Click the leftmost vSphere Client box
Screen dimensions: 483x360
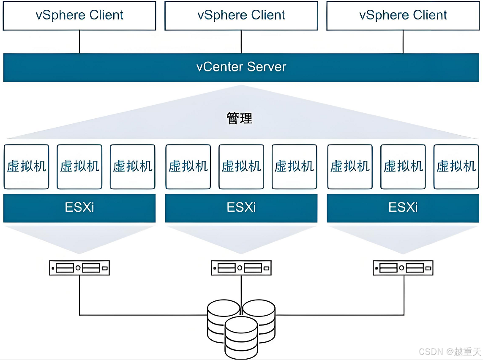[x=79, y=16]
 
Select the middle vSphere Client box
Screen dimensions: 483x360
[x=241, y=16]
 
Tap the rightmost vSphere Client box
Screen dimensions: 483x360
[x=403, y=16]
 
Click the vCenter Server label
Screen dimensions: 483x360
[x=241, y=67]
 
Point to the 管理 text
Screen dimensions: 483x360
[x=239, y=118]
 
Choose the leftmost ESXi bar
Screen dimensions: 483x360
[x=79, y=208]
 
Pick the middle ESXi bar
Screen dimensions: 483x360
[x=241, y=208]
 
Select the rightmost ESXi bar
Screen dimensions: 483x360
[x=403, y=208]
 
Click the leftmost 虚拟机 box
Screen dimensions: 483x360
[x=27, y=166]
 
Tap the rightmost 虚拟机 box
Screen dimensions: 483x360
[x=456, y=166]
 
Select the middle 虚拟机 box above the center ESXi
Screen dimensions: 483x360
[x=241, y=166]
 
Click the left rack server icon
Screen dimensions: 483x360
[x=79, y=267]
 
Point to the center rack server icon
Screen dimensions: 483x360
[x=241, y=267]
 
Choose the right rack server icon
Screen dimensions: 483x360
[x=403, y=267]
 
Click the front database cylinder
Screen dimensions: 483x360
[x=241, y=338]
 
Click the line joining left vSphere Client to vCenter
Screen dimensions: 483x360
[x=79, y=42]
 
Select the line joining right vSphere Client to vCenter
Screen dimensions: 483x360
[x=403, y=42]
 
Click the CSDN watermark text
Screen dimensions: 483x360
[x=450, y=352]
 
